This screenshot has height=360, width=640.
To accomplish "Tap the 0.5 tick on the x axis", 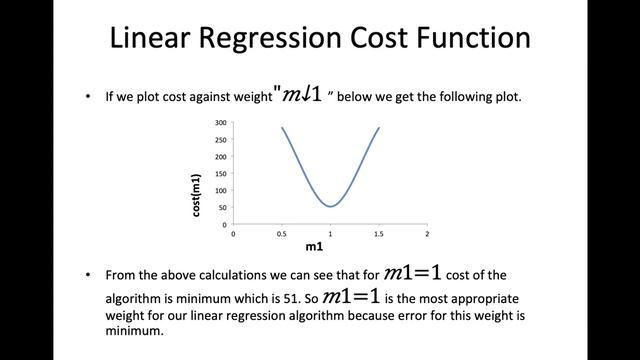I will [x=282, y=232].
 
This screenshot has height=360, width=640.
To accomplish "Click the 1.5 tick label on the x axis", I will [x=378, y=232].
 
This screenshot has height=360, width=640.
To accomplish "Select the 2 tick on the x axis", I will [x=427, y=232].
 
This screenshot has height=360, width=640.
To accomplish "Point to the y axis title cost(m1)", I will [x=197, y=190].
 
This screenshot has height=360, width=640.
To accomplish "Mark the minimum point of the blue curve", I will [x=331, y=206].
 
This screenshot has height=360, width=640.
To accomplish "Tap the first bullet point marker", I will [x=89, y=98].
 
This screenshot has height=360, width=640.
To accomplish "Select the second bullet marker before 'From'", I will [x=89, y=274].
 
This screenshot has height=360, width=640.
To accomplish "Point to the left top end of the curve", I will [x=282, y=128].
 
